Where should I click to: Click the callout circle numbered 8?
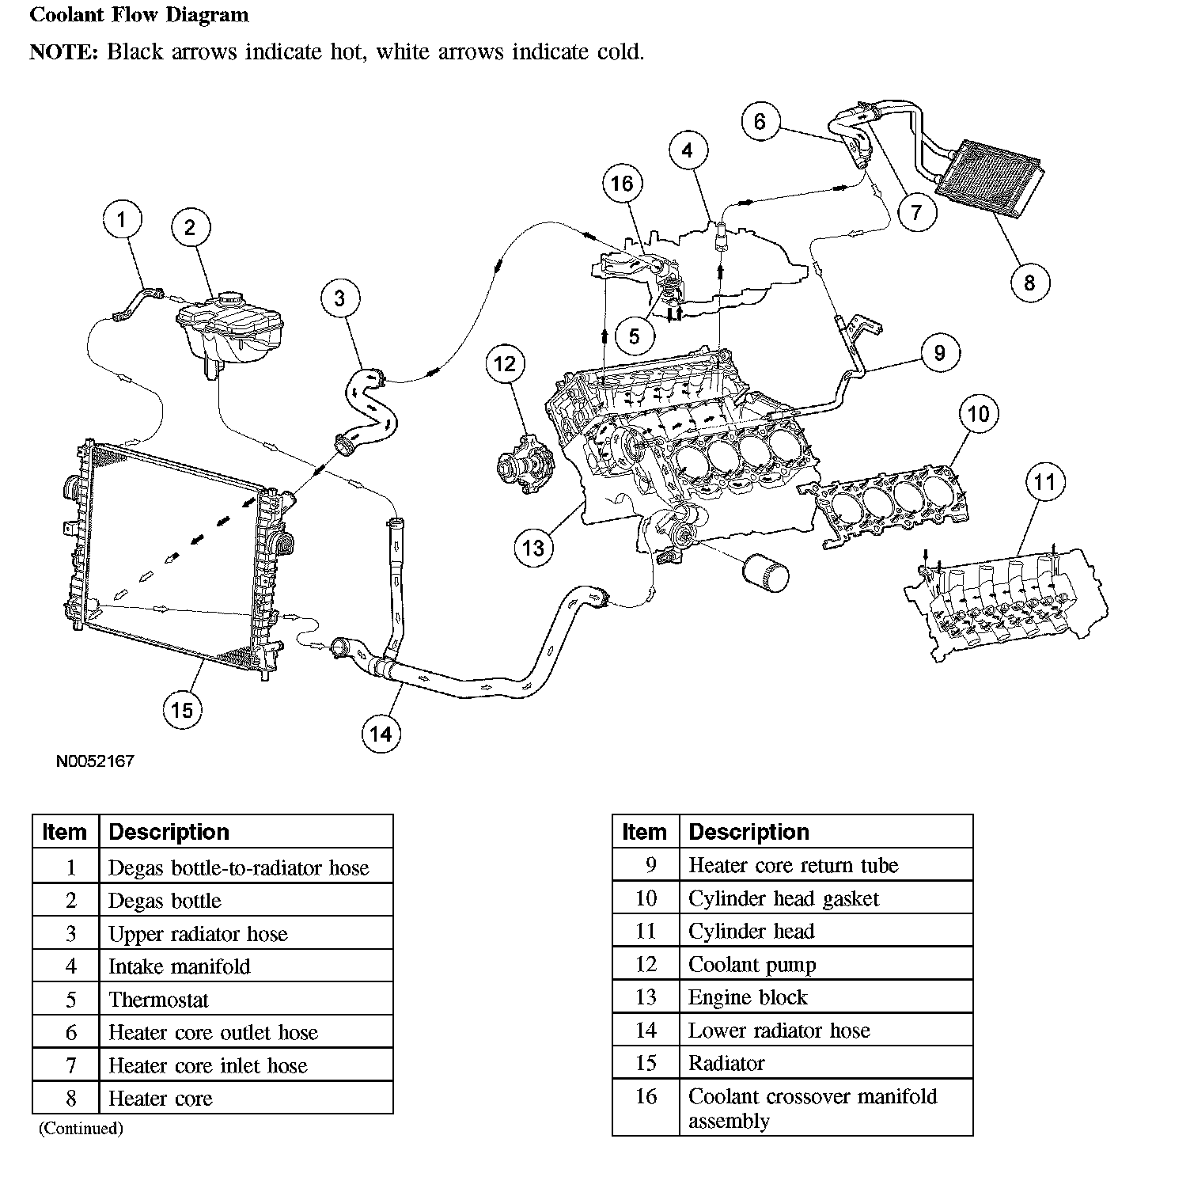click(1029, 283)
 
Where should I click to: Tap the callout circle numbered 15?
click(182, 709)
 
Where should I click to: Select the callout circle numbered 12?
click(505, 364)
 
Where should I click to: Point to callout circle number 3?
click(340, 298)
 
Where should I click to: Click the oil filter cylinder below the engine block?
click(765, 572)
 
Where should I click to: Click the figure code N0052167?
click(95, 761)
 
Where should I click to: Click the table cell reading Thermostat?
click(158, 1000)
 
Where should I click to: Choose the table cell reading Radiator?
click(726, 1063)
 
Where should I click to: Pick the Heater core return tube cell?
click(793, 865)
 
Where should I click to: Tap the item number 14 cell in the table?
click(646, 1030)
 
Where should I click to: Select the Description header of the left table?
click(169, 832)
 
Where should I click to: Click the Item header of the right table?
click(644, 832)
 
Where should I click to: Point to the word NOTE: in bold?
click(63, 52)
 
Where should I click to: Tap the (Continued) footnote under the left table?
click(81, 1128)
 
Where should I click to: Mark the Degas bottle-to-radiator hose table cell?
click(238, 867)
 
